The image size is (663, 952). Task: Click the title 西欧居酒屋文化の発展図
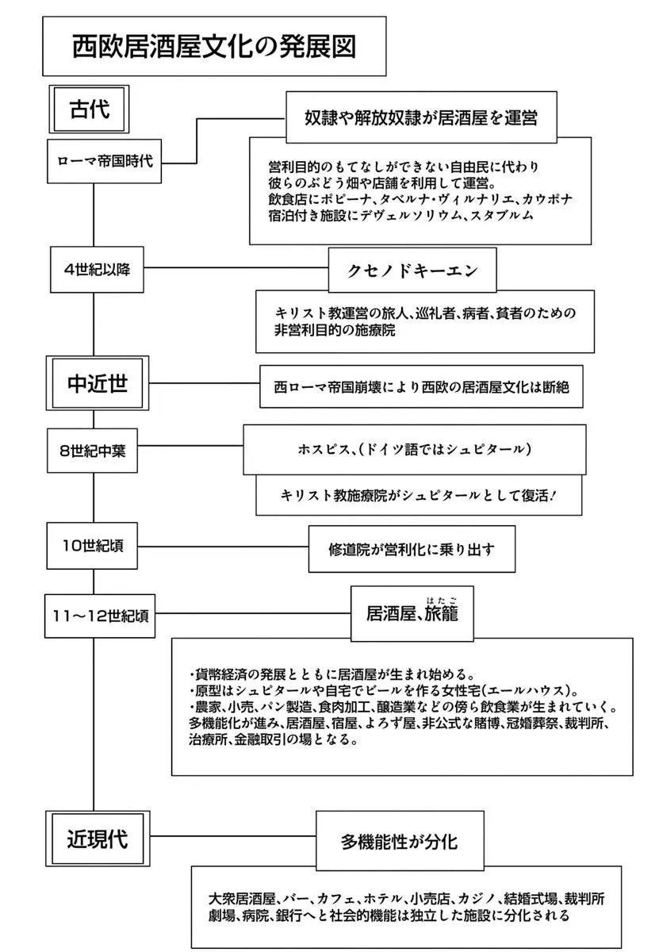(214, 45)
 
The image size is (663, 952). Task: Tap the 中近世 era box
(98, 384)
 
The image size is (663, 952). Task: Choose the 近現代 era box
(98, 837)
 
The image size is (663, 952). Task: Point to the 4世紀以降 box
(97, 267)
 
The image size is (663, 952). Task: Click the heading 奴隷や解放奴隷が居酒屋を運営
(421, 117)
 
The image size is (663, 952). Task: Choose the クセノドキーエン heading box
(412, 270)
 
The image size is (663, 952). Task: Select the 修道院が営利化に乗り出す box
(405, 548)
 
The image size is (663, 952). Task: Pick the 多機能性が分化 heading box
(399, 841)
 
